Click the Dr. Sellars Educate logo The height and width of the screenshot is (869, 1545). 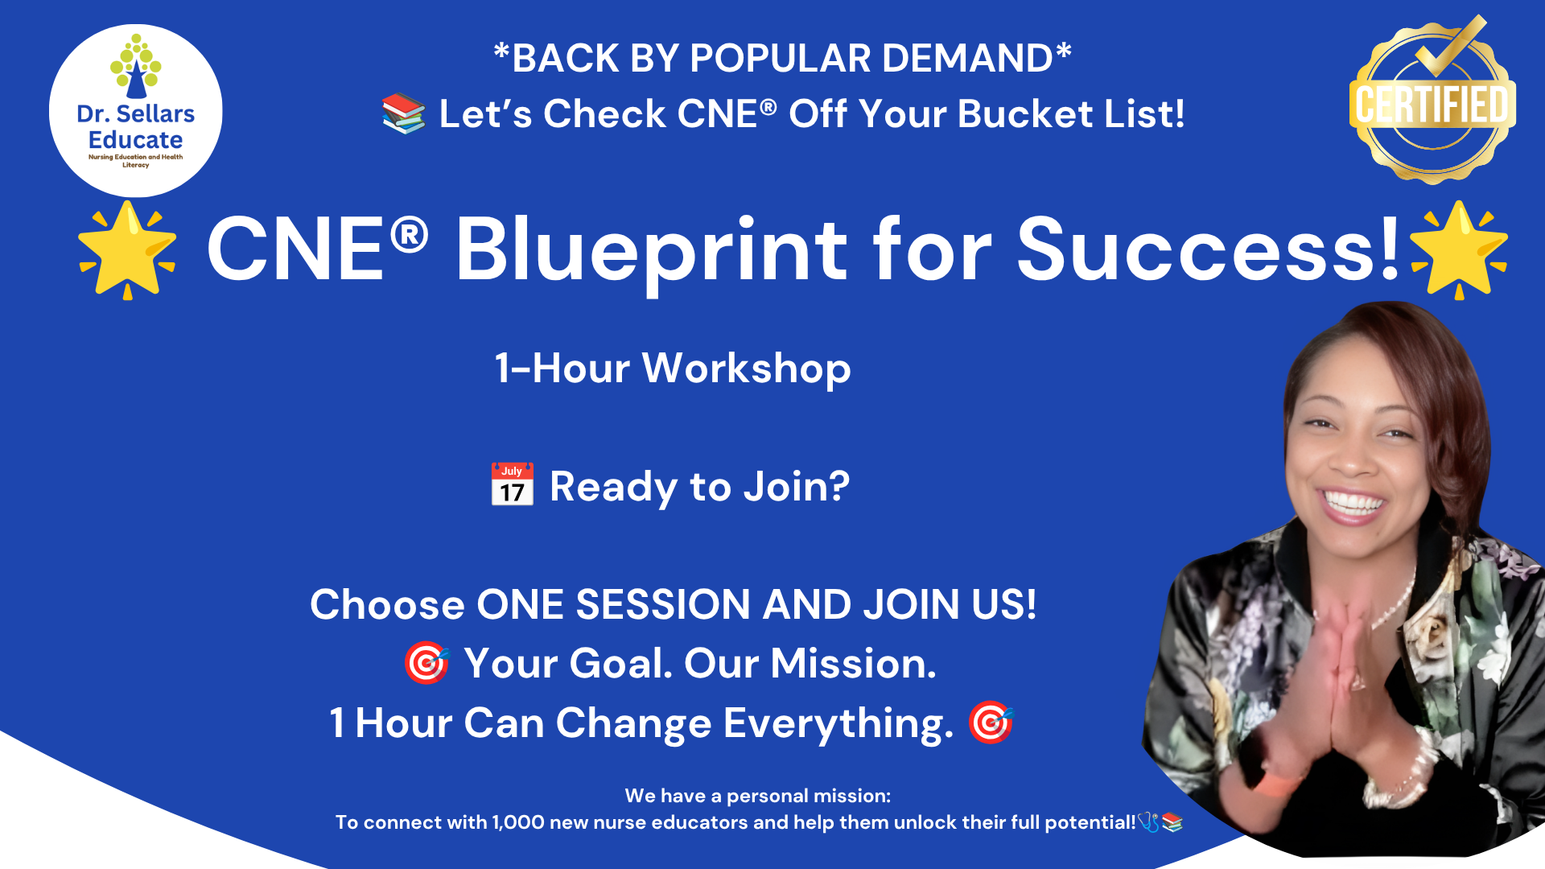(x=135, y=111)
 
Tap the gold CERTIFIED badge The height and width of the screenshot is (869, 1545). (x=1432, y=100)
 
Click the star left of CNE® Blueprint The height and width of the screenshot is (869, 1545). (x=127, y=250)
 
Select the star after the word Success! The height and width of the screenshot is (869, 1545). (x=1459, y=250)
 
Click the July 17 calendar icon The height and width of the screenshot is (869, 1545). (x=513, y=484)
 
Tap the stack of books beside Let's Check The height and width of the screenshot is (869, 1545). (x=403, y=113)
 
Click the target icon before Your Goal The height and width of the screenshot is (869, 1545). (x=426, y=663)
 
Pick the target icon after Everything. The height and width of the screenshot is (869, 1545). (x=991, y=722)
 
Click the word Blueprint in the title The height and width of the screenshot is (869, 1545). (x=652, y=251)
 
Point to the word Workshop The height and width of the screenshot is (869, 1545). (x=747, y=369)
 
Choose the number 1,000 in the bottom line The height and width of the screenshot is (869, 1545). (x=518, y=822)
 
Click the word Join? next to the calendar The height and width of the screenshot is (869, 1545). (x=797, y=487)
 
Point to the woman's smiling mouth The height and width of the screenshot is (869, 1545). (x=1353, y=506)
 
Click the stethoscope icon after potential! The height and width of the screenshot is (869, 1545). (x=1148, y=822)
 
